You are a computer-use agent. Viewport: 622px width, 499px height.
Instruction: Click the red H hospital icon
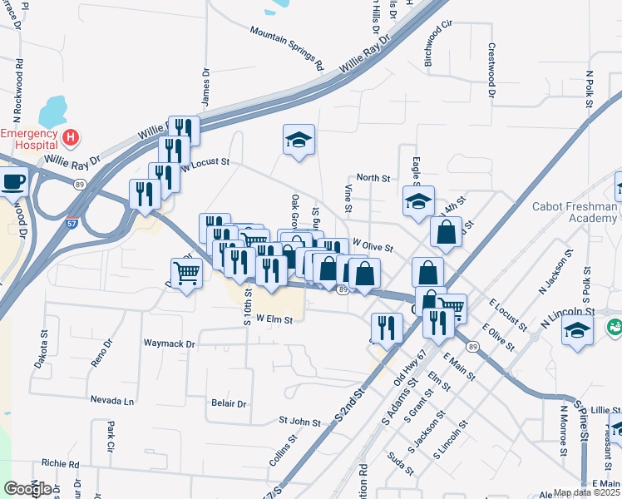coord(72,136)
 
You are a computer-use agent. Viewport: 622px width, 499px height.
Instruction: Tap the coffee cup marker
coord(12,180)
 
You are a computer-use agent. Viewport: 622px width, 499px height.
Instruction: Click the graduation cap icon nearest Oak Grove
coord(299,140)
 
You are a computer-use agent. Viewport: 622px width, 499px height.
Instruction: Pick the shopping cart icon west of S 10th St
coord(186,272)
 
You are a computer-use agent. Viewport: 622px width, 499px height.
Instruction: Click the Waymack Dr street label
coord(169,343)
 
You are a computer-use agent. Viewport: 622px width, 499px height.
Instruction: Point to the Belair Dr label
coord(230,404)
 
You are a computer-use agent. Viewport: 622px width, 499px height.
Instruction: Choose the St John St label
coord(299,422)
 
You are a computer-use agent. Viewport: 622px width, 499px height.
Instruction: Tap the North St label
coord(373,178)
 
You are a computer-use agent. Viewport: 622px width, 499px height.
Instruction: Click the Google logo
coord(27,489)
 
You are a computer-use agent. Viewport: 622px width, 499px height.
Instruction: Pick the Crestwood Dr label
coord(491,72)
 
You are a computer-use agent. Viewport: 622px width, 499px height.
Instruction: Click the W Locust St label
coord(205,164)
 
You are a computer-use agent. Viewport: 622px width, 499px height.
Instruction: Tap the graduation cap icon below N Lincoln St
coord(577,331)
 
